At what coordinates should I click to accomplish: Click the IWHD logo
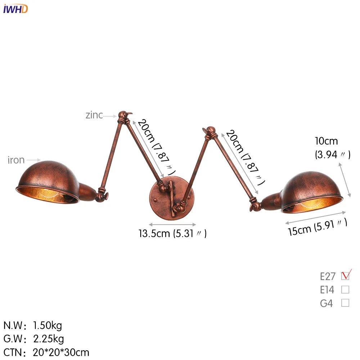click(x=15, y=9)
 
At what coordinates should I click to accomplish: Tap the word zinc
click(x=94, y=115)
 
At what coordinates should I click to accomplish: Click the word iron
click(x=16, y=160)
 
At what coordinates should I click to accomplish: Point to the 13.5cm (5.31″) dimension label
click(x=173, y=234)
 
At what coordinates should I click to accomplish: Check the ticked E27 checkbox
click(x=345, y=276)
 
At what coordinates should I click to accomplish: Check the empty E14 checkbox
click(x=345, y=289)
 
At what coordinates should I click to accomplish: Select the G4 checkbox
click(x=345, y=303)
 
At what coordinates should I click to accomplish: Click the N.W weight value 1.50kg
click(x=48, y=326)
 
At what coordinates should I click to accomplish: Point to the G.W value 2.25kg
click(x=49, y=339)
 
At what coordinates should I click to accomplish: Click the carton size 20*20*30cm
click(x=61, y=352)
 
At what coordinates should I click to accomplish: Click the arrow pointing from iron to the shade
click(x=34, y=160)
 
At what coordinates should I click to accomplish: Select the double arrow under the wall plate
click(x=172, y=224)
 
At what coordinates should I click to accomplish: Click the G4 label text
click(x=327, y=303)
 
